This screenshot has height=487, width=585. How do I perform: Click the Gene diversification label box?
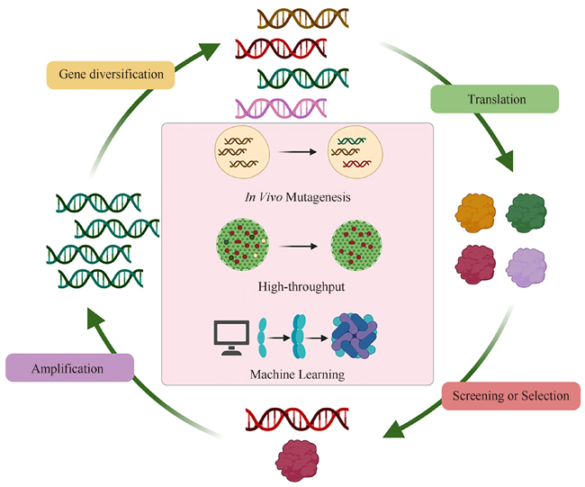111,75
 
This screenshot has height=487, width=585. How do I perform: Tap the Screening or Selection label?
510,395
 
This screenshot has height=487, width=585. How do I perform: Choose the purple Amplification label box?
69,368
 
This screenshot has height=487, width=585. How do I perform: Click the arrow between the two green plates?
297,244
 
